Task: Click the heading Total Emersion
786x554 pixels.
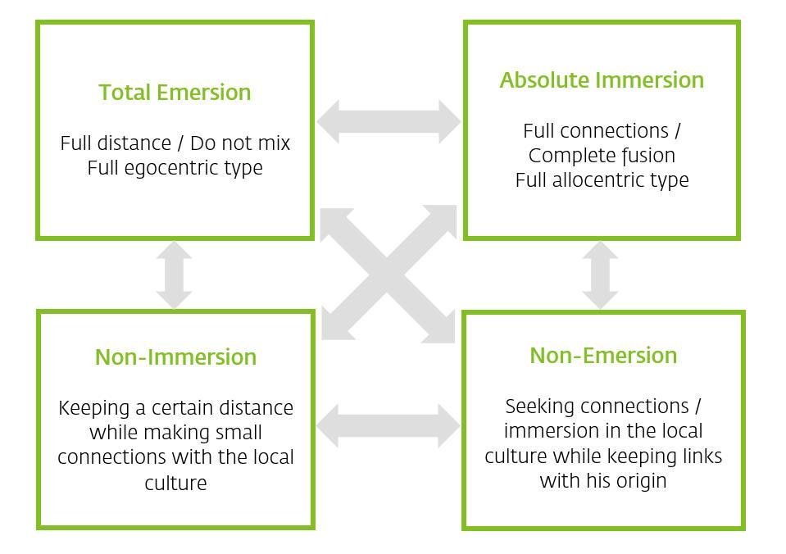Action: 175,93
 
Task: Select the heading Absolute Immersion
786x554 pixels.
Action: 602,80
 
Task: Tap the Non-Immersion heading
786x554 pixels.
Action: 175,357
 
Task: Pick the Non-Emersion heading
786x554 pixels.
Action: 603,356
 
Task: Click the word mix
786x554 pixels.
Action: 275,143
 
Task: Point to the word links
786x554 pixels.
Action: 702,456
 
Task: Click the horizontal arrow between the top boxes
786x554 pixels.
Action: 388,121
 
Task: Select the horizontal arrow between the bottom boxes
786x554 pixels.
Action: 388,425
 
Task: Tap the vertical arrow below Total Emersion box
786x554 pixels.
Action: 174,275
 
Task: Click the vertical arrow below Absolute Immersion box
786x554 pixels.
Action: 600,275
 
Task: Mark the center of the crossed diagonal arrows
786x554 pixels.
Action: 387,275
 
